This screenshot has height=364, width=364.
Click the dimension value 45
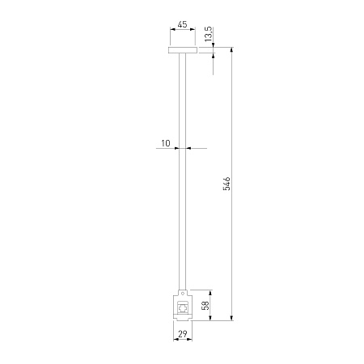tap(182, 24)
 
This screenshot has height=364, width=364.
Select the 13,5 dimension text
tap(209, 34)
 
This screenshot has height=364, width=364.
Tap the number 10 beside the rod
tap(166, 143)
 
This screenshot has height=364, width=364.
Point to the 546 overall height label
tap(226, 184)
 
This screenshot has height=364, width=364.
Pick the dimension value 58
tap(205, 305)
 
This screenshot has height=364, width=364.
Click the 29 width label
tap(183, 334)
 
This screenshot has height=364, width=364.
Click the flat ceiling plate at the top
tap(183, 50)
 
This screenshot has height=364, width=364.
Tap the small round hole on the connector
tap(183, 293)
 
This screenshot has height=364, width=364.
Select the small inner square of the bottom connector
tap(183, 307)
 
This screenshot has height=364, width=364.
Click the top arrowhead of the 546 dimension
tap(231, 49)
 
